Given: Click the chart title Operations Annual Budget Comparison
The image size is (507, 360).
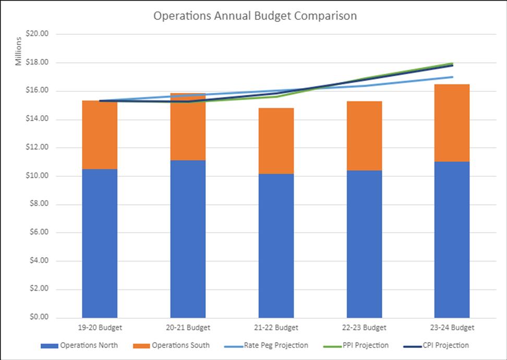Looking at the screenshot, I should [x=255, y=16].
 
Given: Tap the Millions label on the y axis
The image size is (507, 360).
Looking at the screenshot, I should [x=19, y=51].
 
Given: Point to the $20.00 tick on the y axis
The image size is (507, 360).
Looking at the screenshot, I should [x=37, y=34].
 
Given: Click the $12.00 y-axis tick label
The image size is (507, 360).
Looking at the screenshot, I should [x=37, y=148].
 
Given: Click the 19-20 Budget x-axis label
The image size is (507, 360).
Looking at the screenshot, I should [x=100, y=328].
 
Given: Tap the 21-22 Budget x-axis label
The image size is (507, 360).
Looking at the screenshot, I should [x=276, y=328].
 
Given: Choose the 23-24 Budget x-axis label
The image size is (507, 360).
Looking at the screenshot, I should [x=452, y=328].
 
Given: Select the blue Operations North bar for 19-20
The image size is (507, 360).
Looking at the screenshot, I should [x=100, y=243].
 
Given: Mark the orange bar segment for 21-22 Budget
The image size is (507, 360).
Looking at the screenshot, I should [x=276, y=141].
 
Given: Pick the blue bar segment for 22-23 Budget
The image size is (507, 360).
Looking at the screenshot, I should [x=364, y=244].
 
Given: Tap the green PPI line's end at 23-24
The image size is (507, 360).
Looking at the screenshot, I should [x=452, y=64].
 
